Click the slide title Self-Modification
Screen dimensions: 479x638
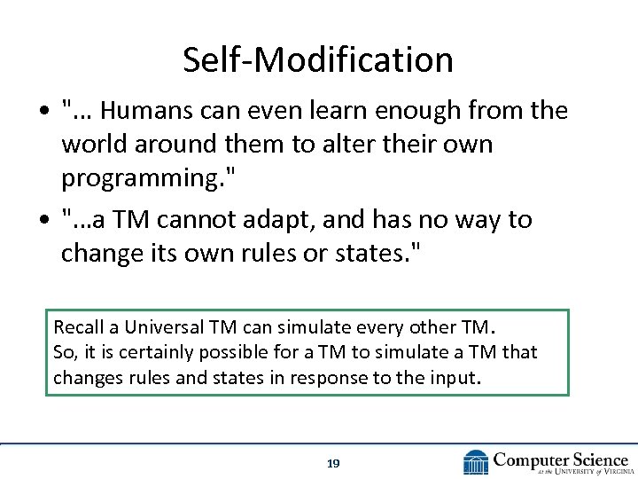point(318,59)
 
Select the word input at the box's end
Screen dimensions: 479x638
point(455,378)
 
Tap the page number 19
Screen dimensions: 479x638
point(333,463)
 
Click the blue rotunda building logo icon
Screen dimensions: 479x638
point(476,462)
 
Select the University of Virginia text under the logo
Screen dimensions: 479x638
point(576,471)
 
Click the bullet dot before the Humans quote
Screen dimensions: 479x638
point(43,112)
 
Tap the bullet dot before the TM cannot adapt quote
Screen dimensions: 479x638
point(43,220)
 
